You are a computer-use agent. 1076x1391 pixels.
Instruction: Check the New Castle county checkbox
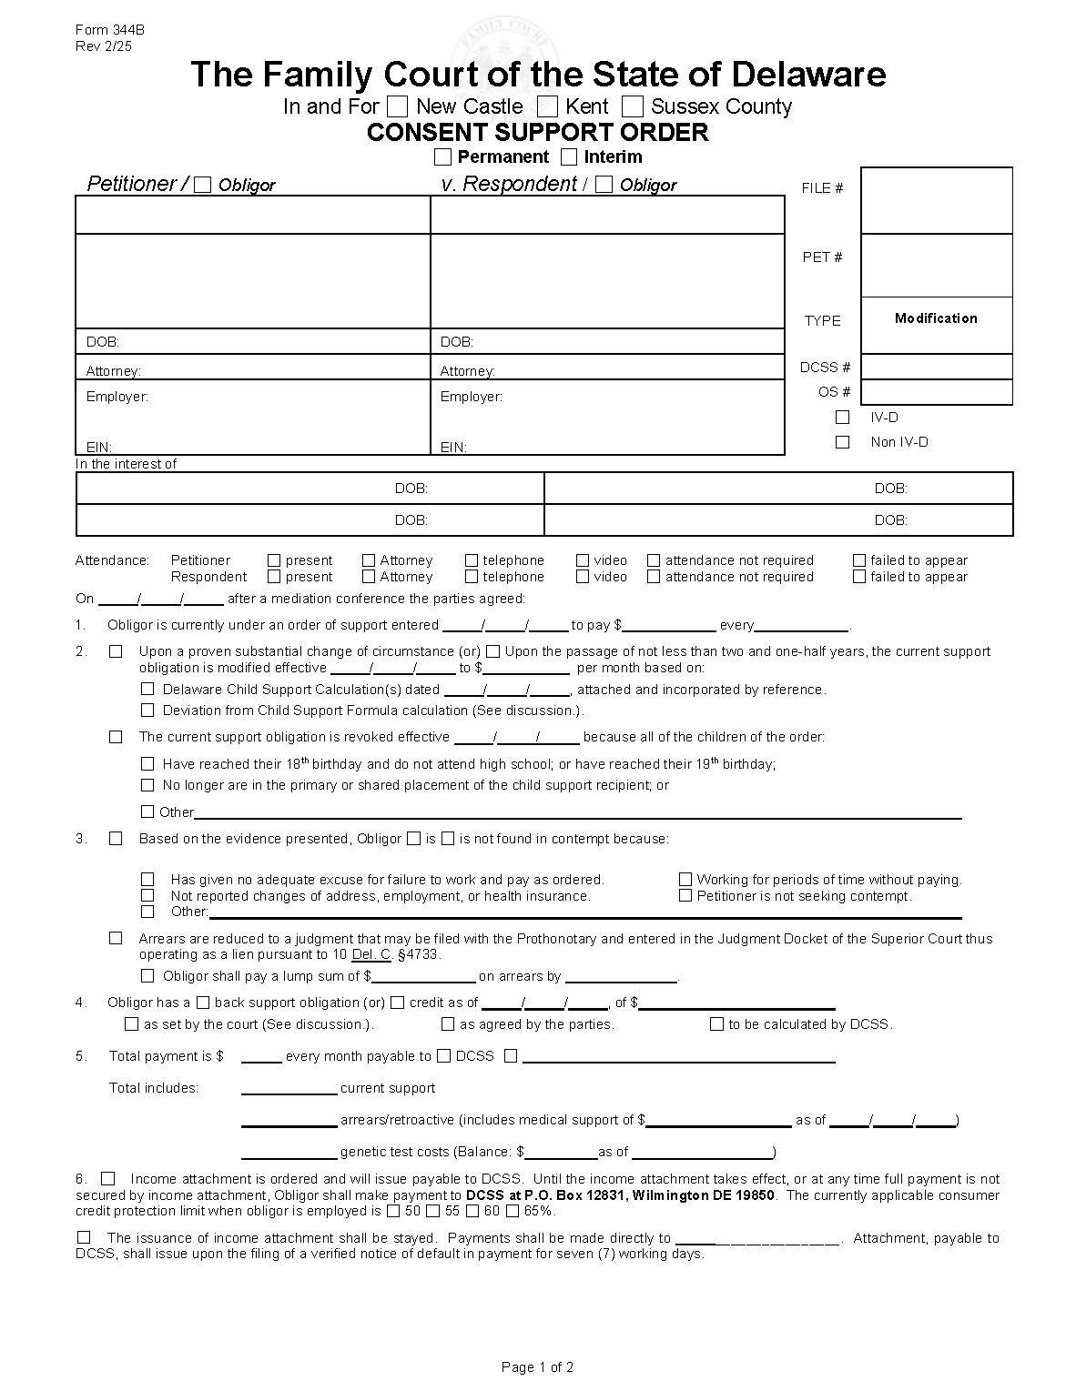(397, 106)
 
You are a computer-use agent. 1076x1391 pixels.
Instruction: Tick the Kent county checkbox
(547, 106)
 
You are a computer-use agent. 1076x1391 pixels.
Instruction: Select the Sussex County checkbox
(633, 106)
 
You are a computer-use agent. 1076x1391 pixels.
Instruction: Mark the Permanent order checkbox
(442, 156)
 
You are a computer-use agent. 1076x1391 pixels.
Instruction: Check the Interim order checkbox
(569, 156)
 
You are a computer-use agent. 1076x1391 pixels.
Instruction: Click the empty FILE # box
(936, 200)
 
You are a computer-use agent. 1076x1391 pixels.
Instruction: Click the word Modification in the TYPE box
(936, 318)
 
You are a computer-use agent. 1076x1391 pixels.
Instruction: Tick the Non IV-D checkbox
(843, 442)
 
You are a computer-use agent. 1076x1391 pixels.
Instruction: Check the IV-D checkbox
(843, 418)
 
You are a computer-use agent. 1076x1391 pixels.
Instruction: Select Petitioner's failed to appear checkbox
(859, 560)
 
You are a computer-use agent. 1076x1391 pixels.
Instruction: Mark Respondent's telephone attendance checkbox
(472, 577)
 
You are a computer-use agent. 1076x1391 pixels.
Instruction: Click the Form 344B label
(109, 30)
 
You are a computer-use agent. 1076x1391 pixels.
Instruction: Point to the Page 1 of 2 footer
(537, 1366)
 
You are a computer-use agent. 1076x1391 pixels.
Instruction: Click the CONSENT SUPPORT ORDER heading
(537, 133)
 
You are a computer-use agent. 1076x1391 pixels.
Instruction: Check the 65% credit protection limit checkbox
(513, 1211)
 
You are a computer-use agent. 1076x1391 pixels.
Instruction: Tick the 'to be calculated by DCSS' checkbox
(717, 1024)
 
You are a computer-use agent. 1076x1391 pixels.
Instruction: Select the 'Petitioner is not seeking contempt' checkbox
(685, 896)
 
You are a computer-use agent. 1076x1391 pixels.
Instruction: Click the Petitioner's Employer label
(117, 397)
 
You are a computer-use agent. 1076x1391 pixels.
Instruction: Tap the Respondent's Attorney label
(467, 371)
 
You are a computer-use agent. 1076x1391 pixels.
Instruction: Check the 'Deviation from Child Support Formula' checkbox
(147, 711)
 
